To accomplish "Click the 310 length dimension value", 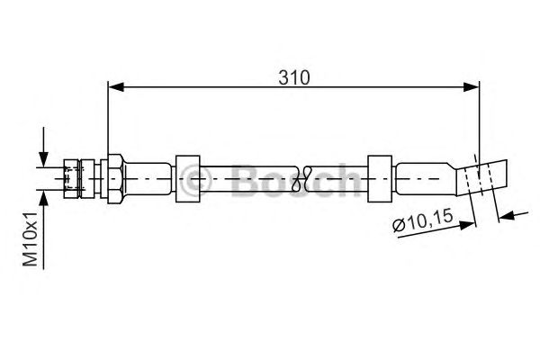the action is [294, 77].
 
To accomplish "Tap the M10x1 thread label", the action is [31, 239].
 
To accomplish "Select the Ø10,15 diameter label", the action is [423, 221].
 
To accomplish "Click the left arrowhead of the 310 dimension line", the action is [116, 87].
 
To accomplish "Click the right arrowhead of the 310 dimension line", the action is [471, 87].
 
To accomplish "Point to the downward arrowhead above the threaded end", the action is [43, 159].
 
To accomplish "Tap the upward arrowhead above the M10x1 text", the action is [43, 198].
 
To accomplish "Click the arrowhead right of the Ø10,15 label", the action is [467, 225].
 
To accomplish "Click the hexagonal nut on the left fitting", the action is [115, 179].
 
